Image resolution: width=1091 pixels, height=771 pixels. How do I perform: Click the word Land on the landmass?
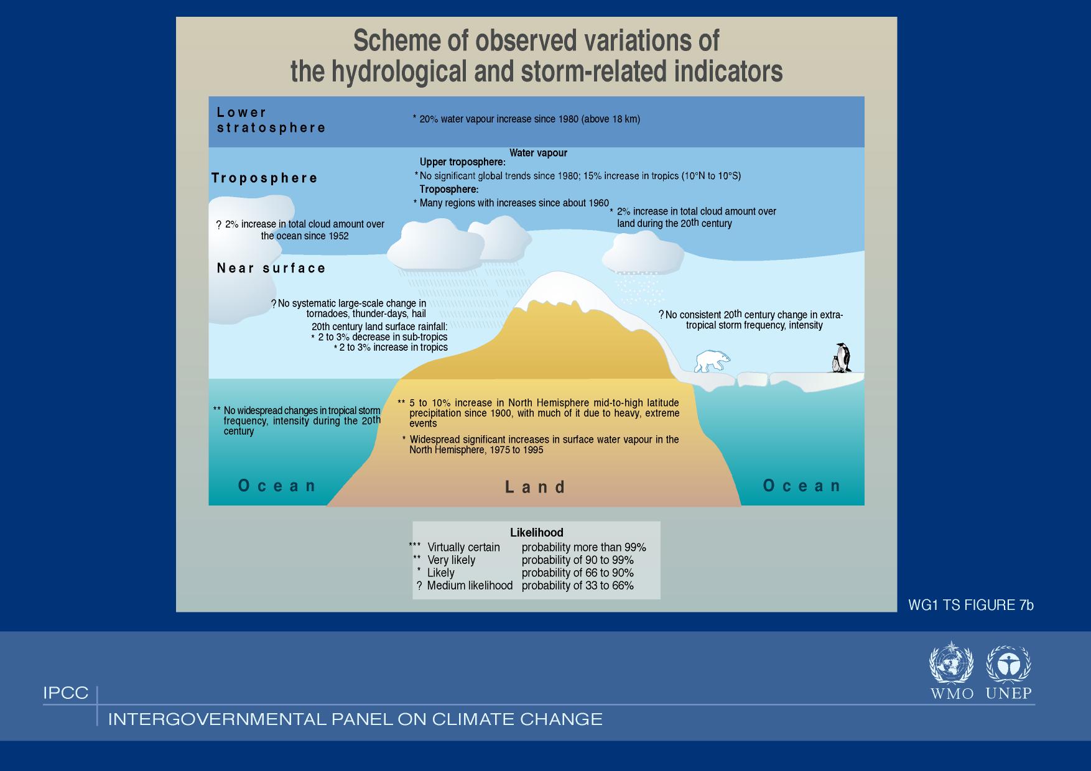[535, 487]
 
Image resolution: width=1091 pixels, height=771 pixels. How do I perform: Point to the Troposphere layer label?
[264, 178]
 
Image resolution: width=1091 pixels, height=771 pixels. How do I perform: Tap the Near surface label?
[271, 268]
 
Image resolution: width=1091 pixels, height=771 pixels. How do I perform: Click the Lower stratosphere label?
[271, 120]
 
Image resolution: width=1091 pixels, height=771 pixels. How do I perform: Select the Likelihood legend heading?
[537, 533]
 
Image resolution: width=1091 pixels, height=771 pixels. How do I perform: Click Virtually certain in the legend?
[463, 547]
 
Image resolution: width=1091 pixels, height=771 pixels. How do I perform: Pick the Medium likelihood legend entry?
[470, 586]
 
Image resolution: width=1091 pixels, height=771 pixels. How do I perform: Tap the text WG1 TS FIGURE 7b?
[971, 605]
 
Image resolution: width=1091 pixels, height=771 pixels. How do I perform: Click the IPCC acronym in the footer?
[66, 693]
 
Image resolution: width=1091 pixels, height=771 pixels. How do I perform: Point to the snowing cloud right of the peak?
[643, 255]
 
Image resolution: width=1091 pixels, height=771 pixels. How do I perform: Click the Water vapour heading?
[538, 153]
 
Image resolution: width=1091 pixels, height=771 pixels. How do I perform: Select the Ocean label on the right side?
[802, 486]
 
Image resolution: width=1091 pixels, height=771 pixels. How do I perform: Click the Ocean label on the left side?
[277, 486]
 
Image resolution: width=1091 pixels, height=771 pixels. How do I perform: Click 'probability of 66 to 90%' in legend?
[578, 573]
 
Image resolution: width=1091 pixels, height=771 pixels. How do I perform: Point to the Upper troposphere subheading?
[463, 162]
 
